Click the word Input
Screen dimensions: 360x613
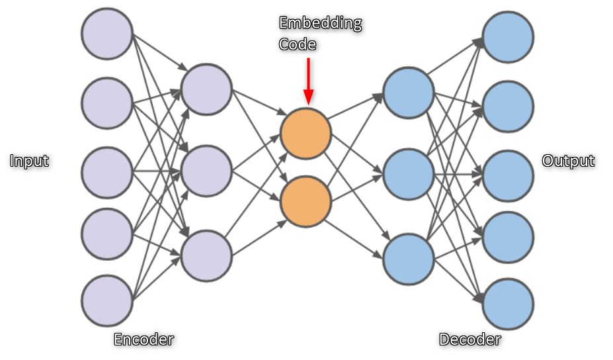point(30,161)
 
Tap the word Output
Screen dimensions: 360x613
point(568,161)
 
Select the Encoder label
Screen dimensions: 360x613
point(143,339)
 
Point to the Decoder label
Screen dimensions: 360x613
point(470,339)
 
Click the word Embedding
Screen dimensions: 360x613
point(320,23)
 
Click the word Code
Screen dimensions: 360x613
point(298,44)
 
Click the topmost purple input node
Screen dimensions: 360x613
point(107,34)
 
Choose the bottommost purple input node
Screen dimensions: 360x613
point(107,300)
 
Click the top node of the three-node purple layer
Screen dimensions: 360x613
point(206,89)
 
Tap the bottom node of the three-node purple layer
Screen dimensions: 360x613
point(206,255)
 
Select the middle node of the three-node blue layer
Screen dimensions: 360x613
point(409,174)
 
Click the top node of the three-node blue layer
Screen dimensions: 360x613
point(409,92)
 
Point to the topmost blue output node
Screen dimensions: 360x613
point(508,37)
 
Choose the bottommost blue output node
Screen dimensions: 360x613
point(508,304)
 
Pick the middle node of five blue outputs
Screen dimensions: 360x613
point(508,175)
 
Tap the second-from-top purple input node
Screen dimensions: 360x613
point(107,103)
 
